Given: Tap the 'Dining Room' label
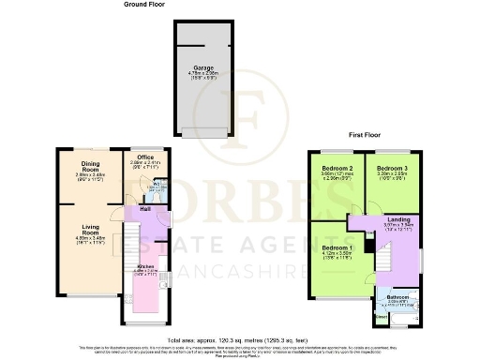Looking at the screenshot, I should click(x=90, y=164).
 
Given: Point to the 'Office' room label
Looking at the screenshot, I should click(x=144, y=157).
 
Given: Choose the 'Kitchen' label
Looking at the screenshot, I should click(x=144, y=266).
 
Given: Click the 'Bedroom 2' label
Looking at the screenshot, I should click(x=337, y=167).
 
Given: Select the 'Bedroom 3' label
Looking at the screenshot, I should click(x=390, y=167).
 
